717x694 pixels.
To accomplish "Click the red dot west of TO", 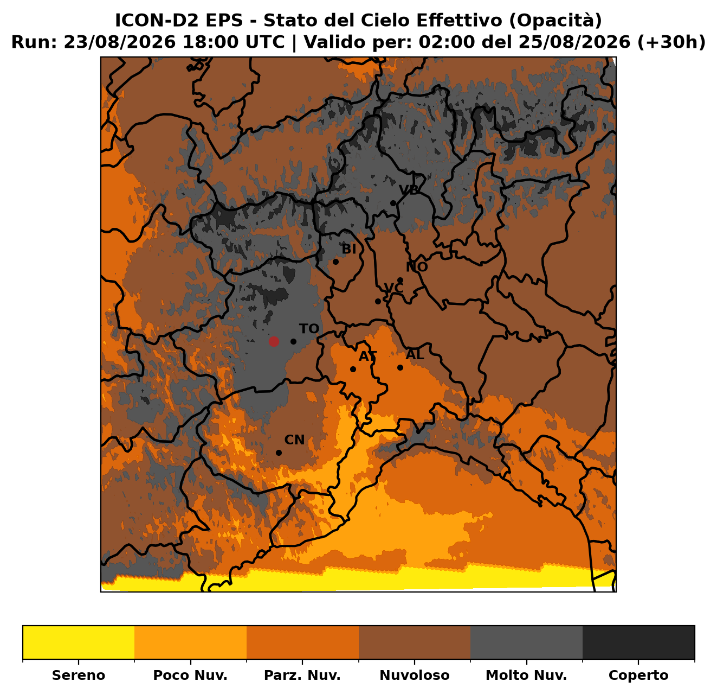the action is click(x=274, y=342).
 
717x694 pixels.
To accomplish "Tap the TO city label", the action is click(x=309, y=329).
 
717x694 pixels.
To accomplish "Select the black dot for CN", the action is click(x=279, y=453).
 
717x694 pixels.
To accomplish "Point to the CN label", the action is click(x=294, y=440).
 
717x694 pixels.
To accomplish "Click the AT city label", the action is click(x=368, y=356).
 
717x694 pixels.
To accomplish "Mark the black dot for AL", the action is click(x=400, y=367).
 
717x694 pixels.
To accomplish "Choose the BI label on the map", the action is click(x=348, y=250).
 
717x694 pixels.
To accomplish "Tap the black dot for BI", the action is click(x=335, y=262).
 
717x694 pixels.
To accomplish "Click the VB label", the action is click(x=409, y=190).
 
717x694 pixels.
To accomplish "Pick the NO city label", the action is click(x=417, y=267).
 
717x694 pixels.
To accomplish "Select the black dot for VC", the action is click(x=378, y=302).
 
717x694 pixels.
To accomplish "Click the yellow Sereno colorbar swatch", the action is click(x=79, y=642).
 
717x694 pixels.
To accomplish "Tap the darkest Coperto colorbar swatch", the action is click(x=638, y=642).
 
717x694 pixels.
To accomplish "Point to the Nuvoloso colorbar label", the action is click(x=415, y=675).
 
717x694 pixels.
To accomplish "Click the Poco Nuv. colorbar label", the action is click(x=190, y=675).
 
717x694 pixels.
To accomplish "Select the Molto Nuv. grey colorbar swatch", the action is click(x=527, y=642).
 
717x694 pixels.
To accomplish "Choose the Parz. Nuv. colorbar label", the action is click(x=302, y=675).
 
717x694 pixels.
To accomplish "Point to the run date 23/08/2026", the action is click(x=119, y=42).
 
